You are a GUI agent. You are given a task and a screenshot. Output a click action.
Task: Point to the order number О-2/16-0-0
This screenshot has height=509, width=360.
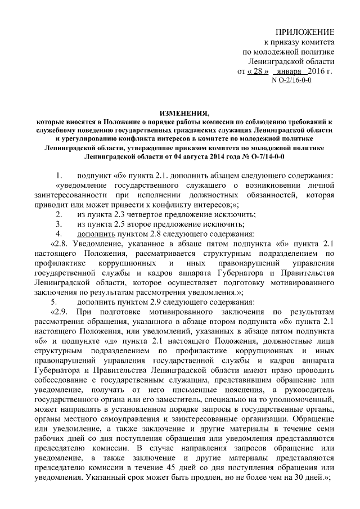(x=295, y=81)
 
